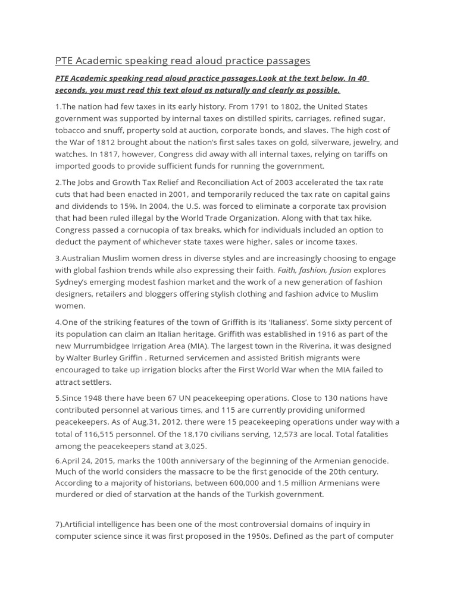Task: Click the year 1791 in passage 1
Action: click(x=265, y=106)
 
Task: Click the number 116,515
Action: click(x=98, y=434)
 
